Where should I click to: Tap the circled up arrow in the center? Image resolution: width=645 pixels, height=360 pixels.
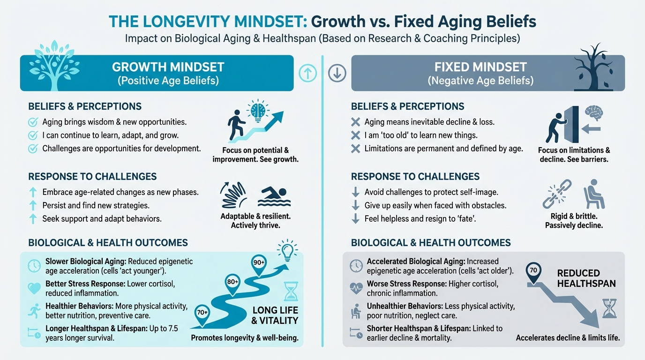point(307,74)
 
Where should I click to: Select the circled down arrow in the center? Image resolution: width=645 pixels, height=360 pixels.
point(337,74)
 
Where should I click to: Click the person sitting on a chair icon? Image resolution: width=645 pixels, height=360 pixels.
point(593,194)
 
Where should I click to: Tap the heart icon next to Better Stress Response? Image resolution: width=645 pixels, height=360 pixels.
point(35,288)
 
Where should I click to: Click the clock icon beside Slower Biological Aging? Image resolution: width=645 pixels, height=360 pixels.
point(35,266)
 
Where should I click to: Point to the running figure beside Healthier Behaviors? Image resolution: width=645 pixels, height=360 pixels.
point(35,310)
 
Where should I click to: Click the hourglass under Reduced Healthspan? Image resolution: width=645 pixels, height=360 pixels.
point(609,309)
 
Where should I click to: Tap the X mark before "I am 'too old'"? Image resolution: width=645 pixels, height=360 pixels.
point(356,135)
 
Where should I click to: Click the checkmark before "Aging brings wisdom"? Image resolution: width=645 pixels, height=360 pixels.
point(33,122)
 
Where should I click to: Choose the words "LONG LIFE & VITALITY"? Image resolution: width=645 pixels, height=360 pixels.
point(275,315)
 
